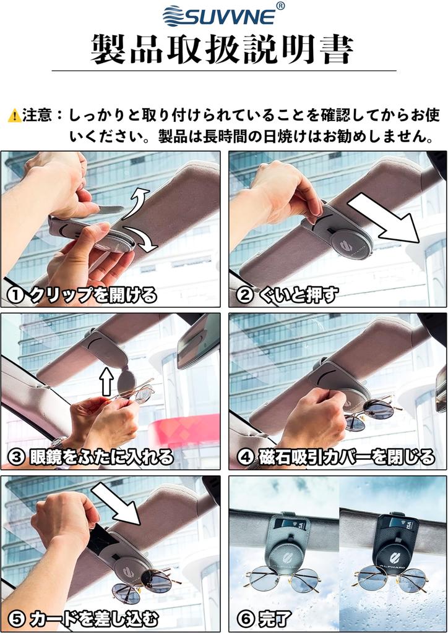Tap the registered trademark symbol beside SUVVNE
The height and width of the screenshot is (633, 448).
click(280, 6)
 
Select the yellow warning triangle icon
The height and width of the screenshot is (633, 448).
click(14, 116)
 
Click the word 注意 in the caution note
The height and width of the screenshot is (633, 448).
click(38, 116)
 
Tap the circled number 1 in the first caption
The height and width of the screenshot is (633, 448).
click(17, 295)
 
